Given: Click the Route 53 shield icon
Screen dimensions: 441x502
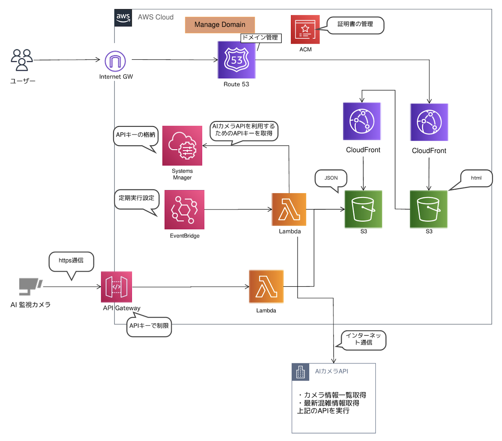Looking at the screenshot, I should point(236,60).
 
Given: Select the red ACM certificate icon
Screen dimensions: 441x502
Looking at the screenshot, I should point(305,29).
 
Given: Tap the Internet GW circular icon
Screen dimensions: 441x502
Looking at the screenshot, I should point(115,61).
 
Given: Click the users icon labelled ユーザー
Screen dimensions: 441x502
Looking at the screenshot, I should point(22,60).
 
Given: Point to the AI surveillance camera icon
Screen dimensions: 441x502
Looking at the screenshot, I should point(30,286).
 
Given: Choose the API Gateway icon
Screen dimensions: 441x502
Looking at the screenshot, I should point(116,287).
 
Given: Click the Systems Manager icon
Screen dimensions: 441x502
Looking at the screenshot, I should point(182,145).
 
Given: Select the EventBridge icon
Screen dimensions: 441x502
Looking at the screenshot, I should point(184,209).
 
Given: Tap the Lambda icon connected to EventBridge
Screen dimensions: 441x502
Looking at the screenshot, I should point(289,209).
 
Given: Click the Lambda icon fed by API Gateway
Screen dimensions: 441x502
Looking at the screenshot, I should point(266,286).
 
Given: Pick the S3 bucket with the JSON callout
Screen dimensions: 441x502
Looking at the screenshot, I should point(363,209).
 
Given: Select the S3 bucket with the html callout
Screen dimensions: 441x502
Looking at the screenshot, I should point(428,209).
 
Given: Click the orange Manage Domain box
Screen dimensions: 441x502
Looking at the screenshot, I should point(220,25).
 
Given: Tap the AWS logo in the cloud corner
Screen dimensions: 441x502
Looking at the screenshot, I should point(123,18).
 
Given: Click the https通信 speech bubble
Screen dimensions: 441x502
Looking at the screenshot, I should point(71,261).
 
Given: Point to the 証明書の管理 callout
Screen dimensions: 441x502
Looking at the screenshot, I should point(355,25).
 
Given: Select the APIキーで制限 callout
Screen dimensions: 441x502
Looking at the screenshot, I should point(149,326).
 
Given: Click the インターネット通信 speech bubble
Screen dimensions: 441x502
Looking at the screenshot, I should point(363,339).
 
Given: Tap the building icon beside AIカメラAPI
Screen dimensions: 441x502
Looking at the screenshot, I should point(300,372).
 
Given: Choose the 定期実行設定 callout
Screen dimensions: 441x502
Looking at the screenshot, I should point(136,198).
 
